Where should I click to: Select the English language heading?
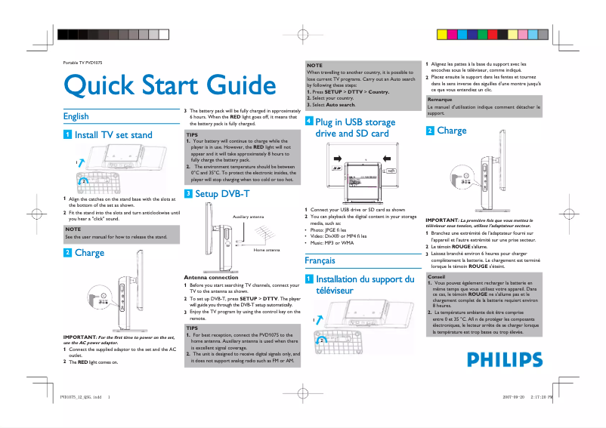[x=76, y=116]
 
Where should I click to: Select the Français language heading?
[x=320, y=260]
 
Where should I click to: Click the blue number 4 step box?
[x=308, y=122]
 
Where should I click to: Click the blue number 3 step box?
[x=188, y=194]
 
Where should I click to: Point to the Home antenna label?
[x=267, y=249]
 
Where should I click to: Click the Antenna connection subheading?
[x=211, y=277]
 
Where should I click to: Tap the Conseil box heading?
[x=436, y=276]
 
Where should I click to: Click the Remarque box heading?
[x=440, y=100]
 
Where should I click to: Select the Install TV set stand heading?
[x=113, y=135]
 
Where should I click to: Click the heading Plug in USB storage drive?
[x=355, y=128]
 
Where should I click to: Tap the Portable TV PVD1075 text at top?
[x=82, y=61]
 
